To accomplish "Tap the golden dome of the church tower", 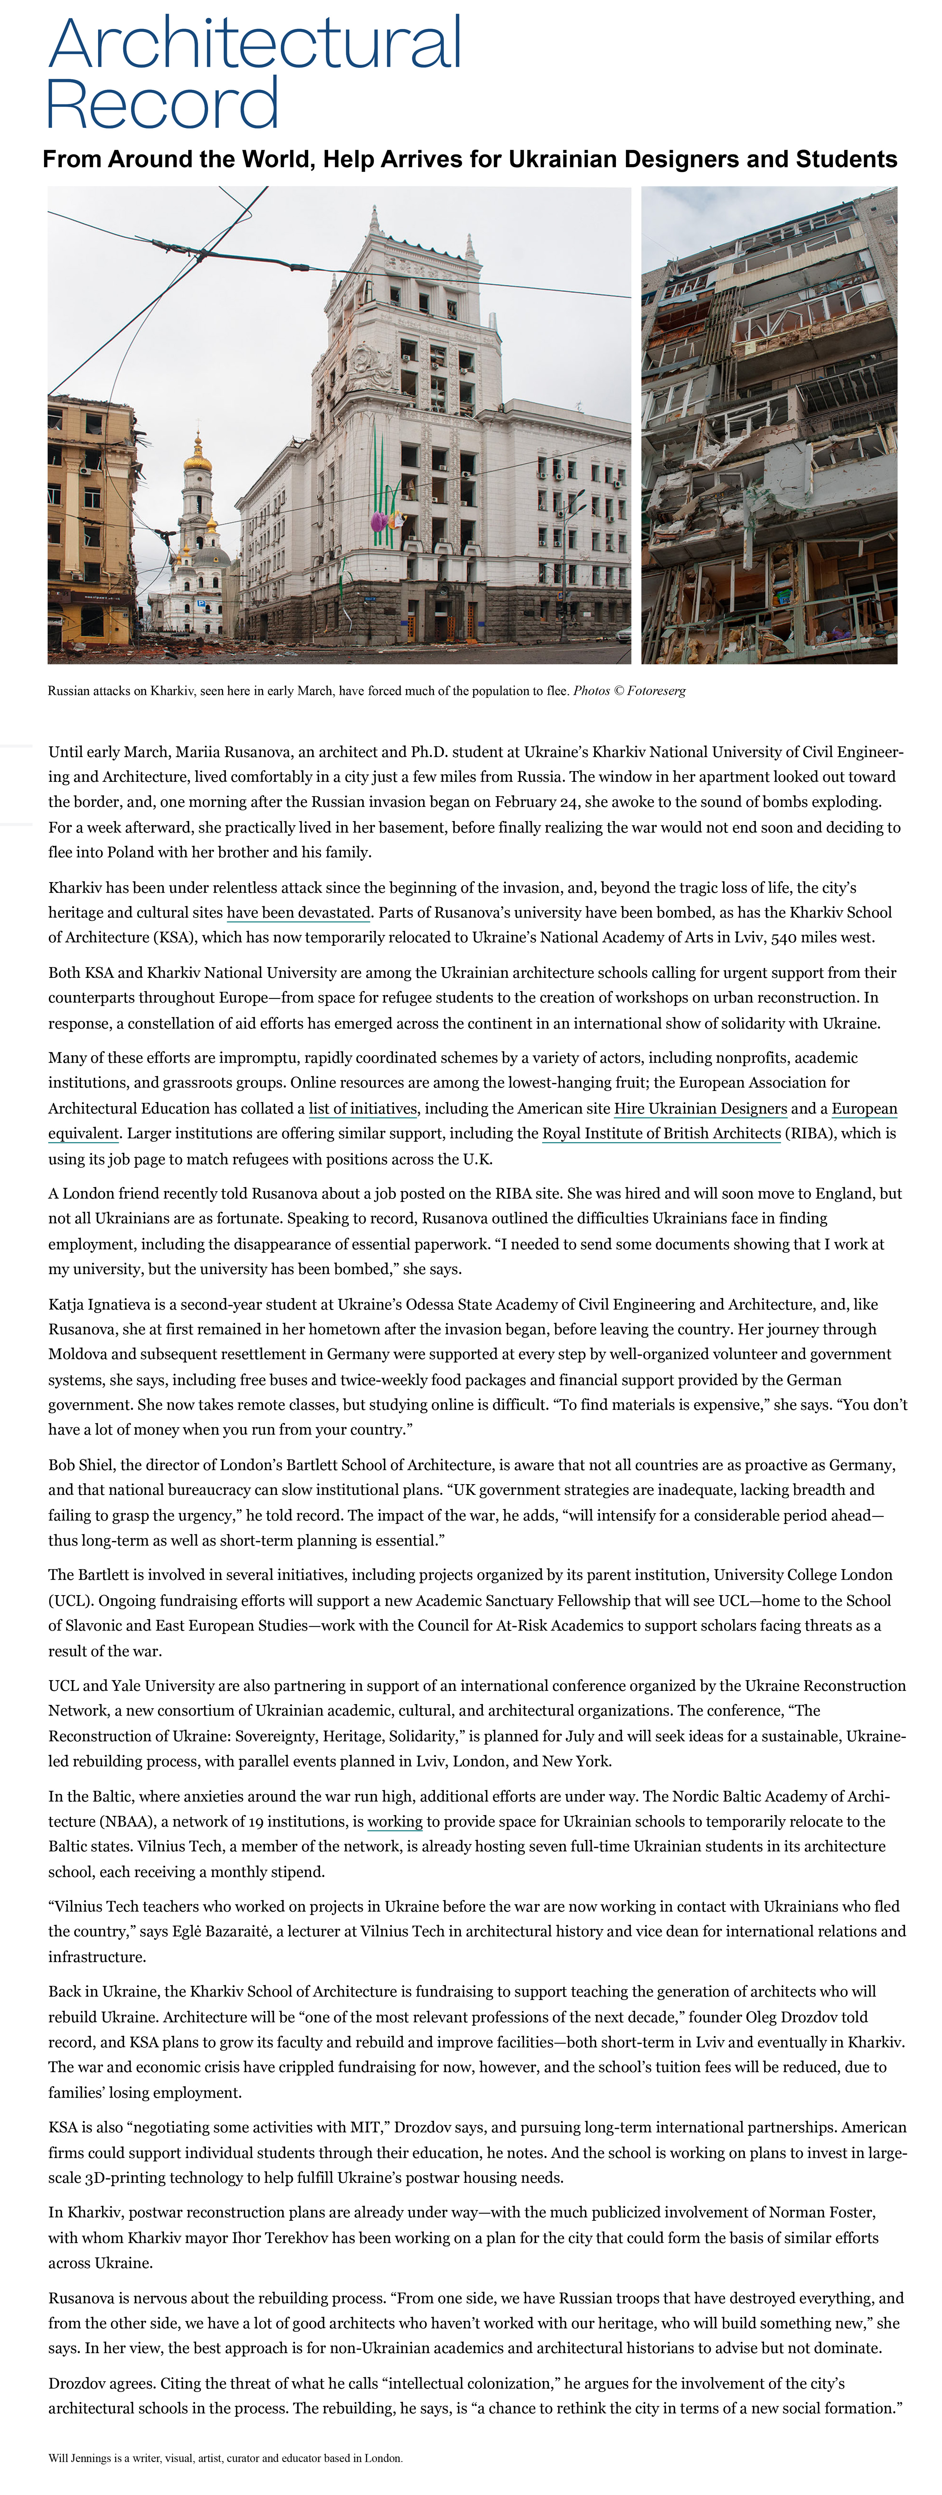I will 198,453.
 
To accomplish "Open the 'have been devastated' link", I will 298,912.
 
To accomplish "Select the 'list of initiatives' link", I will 363,1108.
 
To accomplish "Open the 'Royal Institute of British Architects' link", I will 661,1133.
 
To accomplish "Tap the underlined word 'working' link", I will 395,1821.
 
